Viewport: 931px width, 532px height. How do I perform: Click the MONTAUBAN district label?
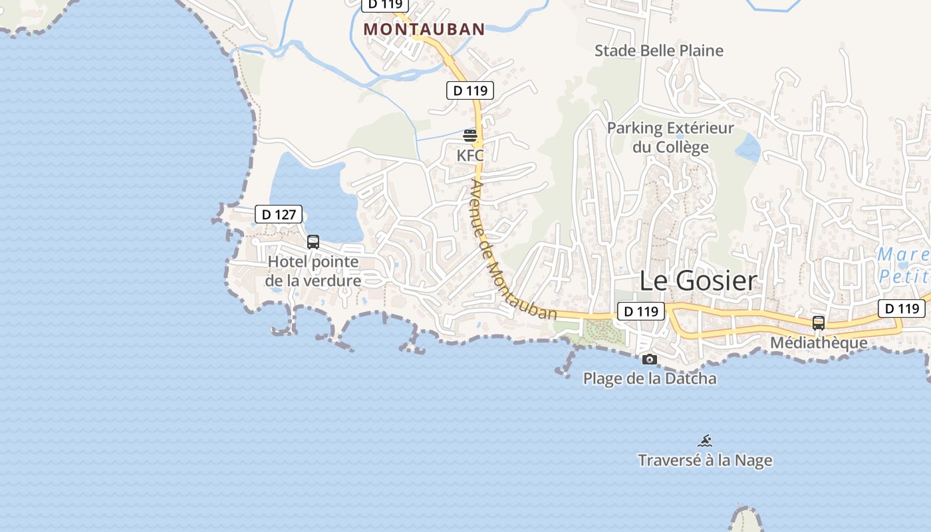pyautogui.click(x=424, y=29)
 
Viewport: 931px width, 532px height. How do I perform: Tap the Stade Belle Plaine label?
pyautogui.click(x=658, y=51)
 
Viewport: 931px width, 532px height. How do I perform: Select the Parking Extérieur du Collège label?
pyautogui.click(x=670, y=137)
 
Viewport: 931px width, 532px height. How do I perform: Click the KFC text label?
pyautogui.click(x=469, y=156)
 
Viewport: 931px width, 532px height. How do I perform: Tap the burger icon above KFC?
pyautogui.click(x=470, y=136)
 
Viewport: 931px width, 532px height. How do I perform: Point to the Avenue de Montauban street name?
pyautogui.click(x=512, y=250)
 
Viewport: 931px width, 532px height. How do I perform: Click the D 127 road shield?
pyautogui.click(x=279, y=214)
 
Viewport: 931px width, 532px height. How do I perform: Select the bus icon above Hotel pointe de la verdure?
pyautogui.click(x=313, y=242)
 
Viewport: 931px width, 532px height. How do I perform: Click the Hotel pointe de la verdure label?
pyautogui.click(x=313, y=271)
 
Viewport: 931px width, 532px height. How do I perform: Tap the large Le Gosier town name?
pyautogui.click(x=698, y=281)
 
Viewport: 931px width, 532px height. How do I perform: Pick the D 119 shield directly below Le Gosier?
pyautogui.click(x=641, y=311)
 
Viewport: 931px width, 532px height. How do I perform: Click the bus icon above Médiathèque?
pyautogui.click(x=819, y=323)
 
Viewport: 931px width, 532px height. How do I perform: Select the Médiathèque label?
pyautogui.click(x=819, y=343)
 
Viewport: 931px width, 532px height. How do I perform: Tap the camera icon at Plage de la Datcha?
pyautogui.click(x=650, y=360)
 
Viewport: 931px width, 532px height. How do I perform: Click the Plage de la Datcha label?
pyautogui.click(x=650, y=379)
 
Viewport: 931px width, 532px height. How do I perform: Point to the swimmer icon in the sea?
pyautogui.click(x=705, y=440)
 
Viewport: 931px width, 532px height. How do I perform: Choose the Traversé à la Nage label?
pyautogui.click(x=705, y=460)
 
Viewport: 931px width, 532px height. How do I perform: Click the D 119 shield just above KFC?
pyautogui.click(x=470, y=90)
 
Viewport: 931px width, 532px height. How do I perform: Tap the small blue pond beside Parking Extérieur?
pyautogui.click(x=748, y=148)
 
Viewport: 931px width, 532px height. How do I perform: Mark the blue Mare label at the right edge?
pyautogui.click(x=902, y=255)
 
